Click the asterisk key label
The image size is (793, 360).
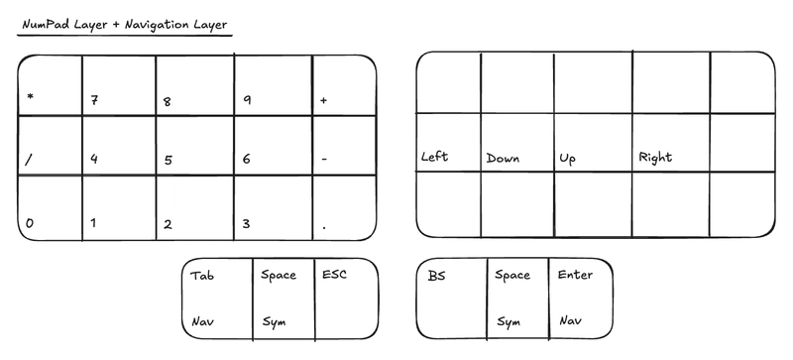(31, 97)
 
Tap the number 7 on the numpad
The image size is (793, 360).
(94, 100)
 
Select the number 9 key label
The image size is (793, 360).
(245, 100)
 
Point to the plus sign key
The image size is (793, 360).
(324, 100)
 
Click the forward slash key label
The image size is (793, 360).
(30, 158)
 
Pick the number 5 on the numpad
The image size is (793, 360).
(168, 160)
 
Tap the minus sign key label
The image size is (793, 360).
(324, 159)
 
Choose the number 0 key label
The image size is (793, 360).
(30, 223)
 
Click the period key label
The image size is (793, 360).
(323, 227)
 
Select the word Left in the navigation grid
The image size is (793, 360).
(435, 157)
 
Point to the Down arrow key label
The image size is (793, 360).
(503, 158)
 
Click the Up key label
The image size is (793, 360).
(568, 159)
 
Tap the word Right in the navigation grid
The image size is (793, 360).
(655, 157)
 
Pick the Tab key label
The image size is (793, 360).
(202, 275)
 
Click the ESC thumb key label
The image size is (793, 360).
(334, 274)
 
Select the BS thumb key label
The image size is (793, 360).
(436, 275)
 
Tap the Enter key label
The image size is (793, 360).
(576, 274)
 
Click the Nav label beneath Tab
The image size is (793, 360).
(202, 320)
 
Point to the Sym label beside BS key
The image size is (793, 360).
(509, 321)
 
